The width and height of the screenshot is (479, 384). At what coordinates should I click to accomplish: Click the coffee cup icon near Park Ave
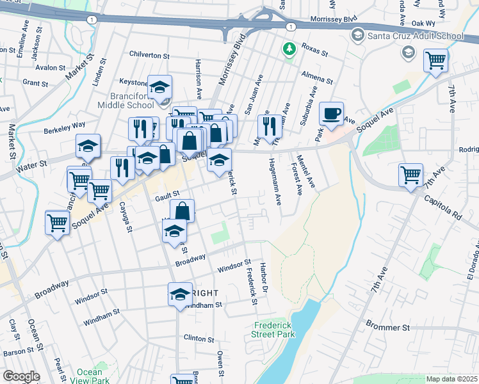(x=331, y=114)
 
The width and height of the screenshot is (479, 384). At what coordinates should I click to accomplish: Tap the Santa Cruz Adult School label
(x=415, y=36)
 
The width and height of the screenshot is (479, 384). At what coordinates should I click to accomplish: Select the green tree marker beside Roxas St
(x=289, y=48)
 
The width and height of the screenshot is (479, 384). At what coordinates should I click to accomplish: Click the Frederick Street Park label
(x=273, y=329)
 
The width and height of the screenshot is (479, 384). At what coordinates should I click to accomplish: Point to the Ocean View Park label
(x=90, y=376)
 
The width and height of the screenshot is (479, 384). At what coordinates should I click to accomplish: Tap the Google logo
(x=21, y=376)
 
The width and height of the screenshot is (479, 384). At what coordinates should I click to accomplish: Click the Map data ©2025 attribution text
(x=451, y=379)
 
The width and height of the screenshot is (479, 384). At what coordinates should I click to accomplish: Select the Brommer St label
(x=387, y=327)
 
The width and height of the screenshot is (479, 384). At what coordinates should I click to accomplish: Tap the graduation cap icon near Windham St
(x=180, y=294)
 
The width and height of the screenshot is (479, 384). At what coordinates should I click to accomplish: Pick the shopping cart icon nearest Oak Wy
(x=435, y=61)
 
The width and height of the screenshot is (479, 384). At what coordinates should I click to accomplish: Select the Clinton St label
(x=199, y=338)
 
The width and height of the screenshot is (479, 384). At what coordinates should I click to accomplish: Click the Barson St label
(x=17, y=351)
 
